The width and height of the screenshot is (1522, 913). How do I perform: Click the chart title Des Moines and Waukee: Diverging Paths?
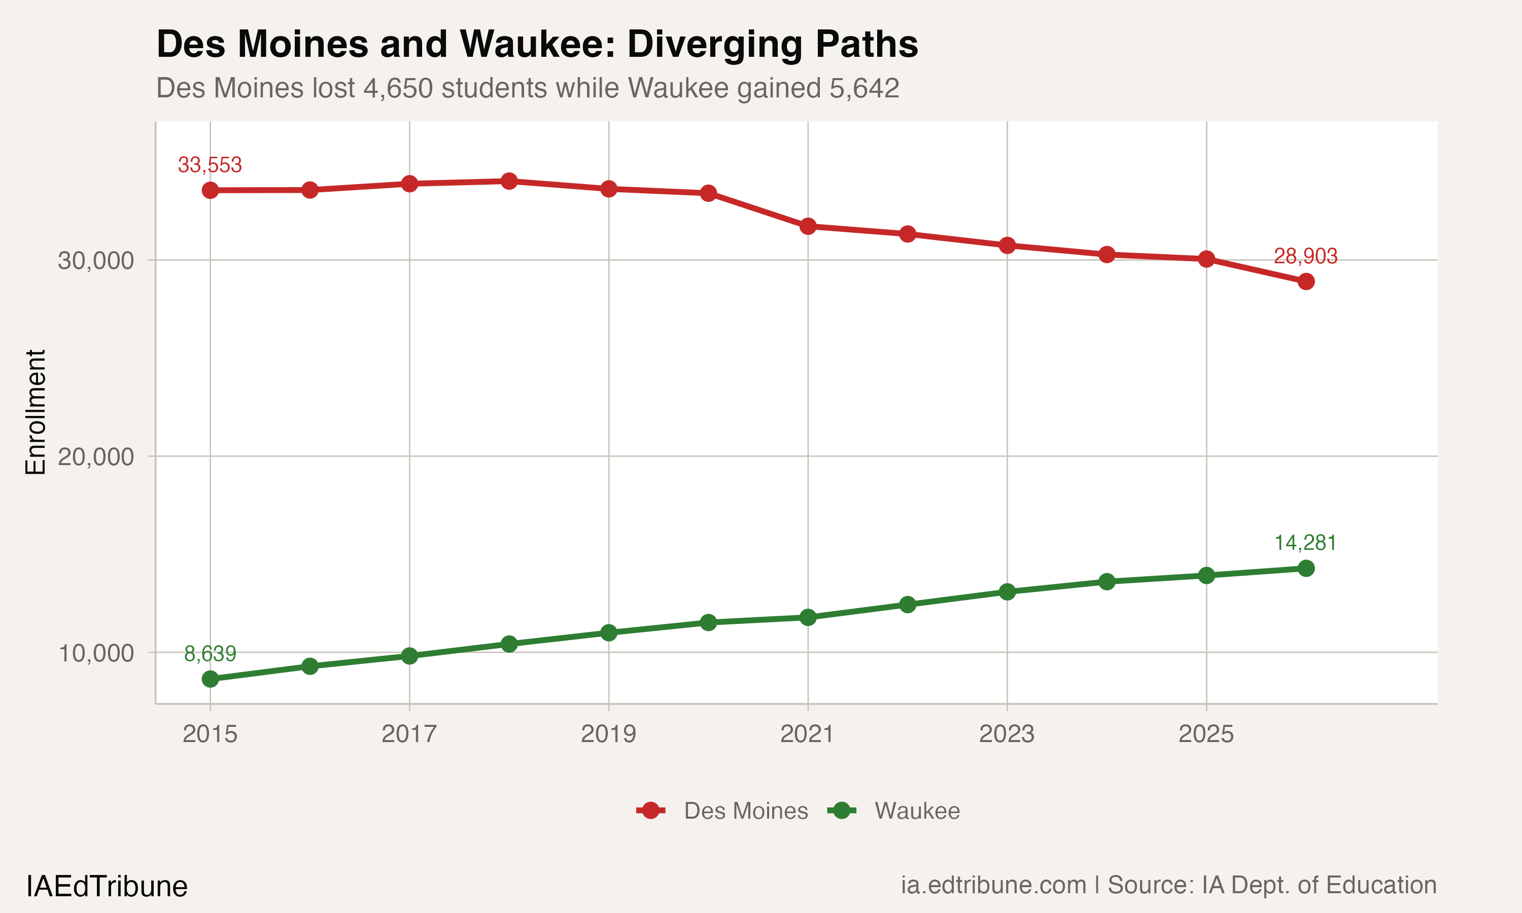pyautogui.click(x=537, y=44)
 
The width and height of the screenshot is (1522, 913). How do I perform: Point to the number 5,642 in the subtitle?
pyautogui.click(x=864, y=88)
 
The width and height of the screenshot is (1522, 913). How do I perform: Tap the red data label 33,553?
pyautogui.click(x=210, y=165)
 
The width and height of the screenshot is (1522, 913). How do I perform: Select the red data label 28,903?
pyautogui.click(x=1305, y=256)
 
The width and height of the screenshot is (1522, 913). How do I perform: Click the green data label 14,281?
pyautogui.click(x=1305, y=543)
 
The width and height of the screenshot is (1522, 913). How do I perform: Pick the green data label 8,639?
pyautogui.click(x=210, y=653)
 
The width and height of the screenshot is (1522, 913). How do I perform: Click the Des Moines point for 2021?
pyautogui.click(x=808, y=226)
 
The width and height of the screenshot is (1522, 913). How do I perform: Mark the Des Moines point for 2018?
pyautogui.click(x=509, y=181)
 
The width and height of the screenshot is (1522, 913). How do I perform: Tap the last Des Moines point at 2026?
pyautogui.click(x=1305, y=282)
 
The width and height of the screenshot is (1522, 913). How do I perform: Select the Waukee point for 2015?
pyautogui.click(x=210, y=679)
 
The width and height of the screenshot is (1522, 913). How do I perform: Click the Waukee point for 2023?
pyautogui.click(x=1007, y=592)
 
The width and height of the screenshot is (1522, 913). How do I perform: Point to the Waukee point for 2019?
pyautogui.click(x=608, y=633)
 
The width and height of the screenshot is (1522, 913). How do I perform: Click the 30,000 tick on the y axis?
pyautogui.click(x=96, y=260)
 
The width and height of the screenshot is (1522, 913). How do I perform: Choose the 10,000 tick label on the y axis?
pyautogui.click(x=96, y=653)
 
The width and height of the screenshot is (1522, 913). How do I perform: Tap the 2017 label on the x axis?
pyautogui.click(x=409, y=734)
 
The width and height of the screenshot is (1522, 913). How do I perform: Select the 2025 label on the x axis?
pyautogui.click(x=1206, y=734)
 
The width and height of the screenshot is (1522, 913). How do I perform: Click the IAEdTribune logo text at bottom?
pyautogui.click(x=107, y=887)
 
